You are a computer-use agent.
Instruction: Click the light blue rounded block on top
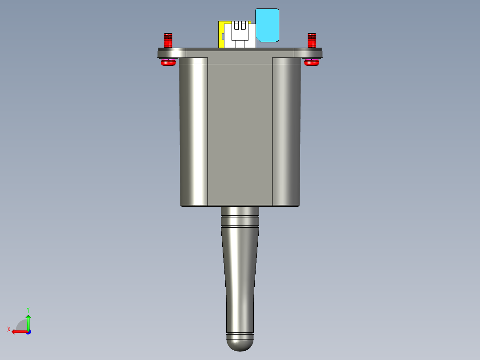[x=268, y=25]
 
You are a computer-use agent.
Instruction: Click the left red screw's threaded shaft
[x=168, y=41]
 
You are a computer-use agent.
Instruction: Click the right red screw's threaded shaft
[x=312, y=41]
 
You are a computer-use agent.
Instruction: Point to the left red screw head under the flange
[x=168, y=63]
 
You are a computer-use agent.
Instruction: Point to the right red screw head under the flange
[x=312, y=63]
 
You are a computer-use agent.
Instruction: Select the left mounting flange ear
[x=171, y=53]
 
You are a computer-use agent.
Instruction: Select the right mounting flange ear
[x=308, y=53]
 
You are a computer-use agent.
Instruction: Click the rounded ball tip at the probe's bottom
[x=240, y=343]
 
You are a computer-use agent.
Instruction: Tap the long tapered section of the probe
[x=240, y=276]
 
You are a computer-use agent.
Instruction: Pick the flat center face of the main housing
[x=240, y=134]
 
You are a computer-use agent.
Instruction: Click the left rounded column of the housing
[x=194, y=134]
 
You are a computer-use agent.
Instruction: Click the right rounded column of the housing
[x=286, y=134]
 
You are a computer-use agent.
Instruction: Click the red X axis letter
[x=8, y=329]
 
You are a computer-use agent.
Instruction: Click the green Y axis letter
[x=28, y=309]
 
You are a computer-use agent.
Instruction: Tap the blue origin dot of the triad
[x=28, y=331]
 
